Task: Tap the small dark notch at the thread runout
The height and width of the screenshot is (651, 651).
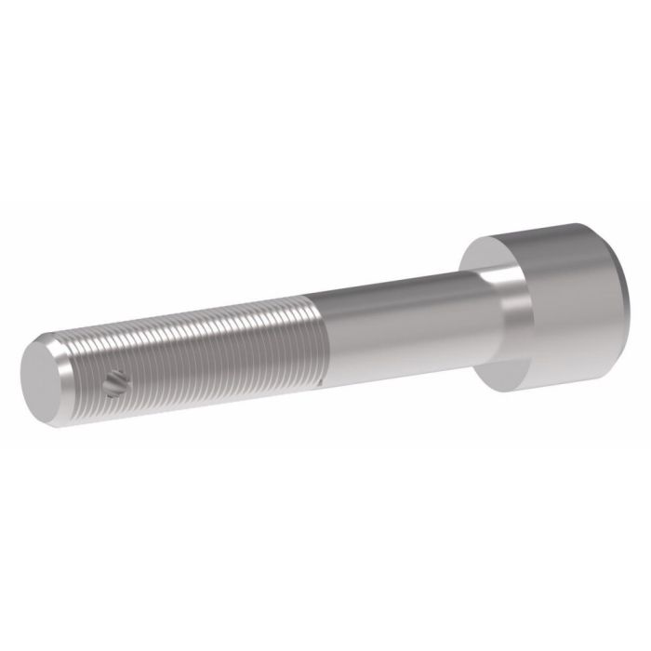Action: point(319,380)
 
